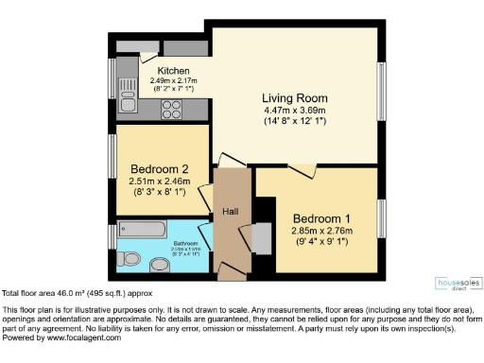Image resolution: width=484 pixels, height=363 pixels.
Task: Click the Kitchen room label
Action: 173,71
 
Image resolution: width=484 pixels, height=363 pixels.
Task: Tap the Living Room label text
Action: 295,98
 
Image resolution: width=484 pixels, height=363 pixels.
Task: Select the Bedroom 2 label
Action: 160,169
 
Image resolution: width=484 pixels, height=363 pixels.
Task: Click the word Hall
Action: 231,211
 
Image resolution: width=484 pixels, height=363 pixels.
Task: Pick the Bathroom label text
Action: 185,243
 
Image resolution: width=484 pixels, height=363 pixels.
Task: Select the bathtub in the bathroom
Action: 143,231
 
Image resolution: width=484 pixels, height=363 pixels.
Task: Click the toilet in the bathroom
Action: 131,258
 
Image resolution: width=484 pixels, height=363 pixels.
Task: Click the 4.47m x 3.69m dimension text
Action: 295,111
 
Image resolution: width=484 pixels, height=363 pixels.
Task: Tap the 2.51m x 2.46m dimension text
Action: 160,181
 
